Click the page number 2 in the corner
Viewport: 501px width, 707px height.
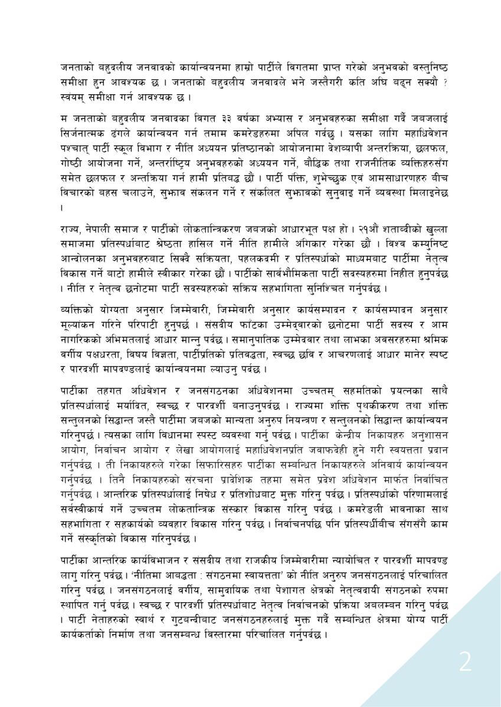pyautogui.click(x=466, y=664)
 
